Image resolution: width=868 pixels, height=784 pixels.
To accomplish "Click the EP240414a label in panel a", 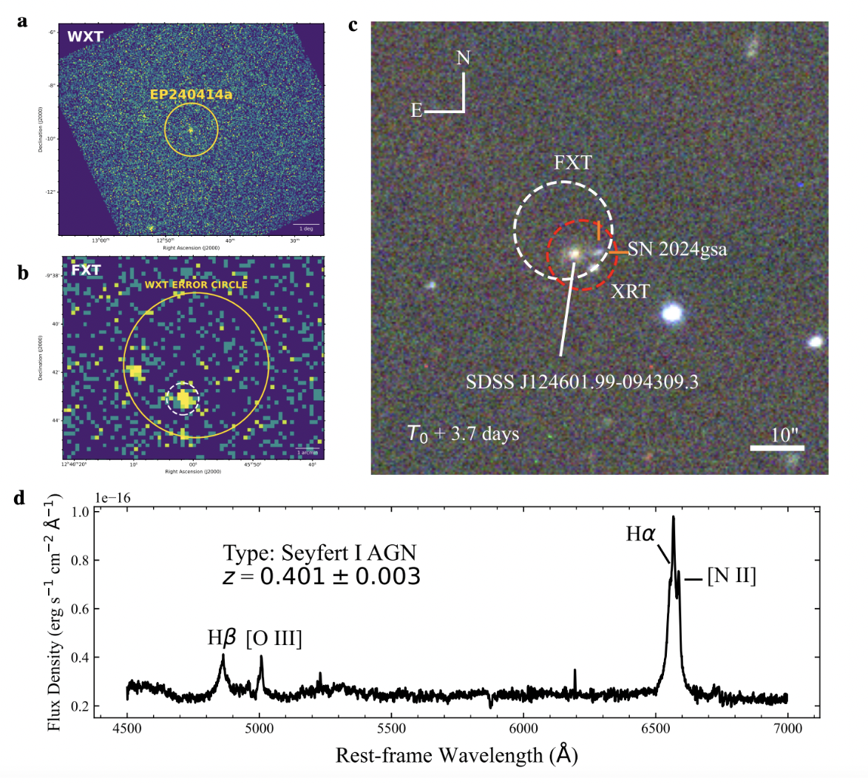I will pyautogui.click(x=191, y=95).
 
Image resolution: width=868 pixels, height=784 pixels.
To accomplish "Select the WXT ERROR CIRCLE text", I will pyautogui.click(x=196, y=284).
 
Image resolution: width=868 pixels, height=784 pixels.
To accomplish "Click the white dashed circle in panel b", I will pyautogui.click(x=183, y=398).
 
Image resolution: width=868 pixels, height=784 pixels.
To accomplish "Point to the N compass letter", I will pyautogui.click(x=464, y=57).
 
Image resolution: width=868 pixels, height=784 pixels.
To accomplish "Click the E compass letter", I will pyautogui.click(x=417, y=112).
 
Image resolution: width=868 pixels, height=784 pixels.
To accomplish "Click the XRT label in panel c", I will pyautogui.click(x=630, y=292).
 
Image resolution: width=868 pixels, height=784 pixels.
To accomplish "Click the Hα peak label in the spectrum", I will pyautogui.click(x=640, y=533).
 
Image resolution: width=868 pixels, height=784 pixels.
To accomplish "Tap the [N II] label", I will pyautogui.click(x=731, y=576).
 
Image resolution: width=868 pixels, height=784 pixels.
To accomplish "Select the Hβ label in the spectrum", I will pyautogui.click(x=222, y=638).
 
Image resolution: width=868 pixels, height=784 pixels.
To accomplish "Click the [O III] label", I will pyautogui.click(x=274, y=638).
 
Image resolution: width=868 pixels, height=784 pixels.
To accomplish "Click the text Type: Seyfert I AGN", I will pyautogui.click(x=320, y=552).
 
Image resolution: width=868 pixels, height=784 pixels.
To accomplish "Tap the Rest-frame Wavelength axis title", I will pyautogui.click(x=456, y=755).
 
